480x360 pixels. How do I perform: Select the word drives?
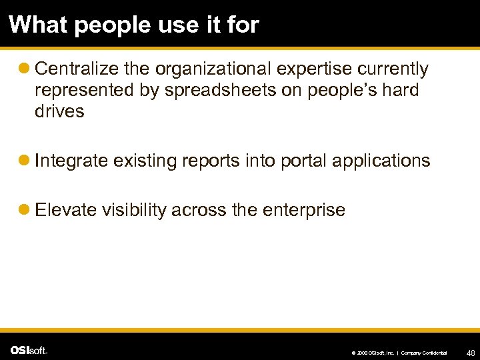(59, 111)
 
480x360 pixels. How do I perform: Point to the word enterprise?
(304, 211)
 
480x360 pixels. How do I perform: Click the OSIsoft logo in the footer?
(29, 350)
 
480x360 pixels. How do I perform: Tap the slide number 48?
(471, 351)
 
